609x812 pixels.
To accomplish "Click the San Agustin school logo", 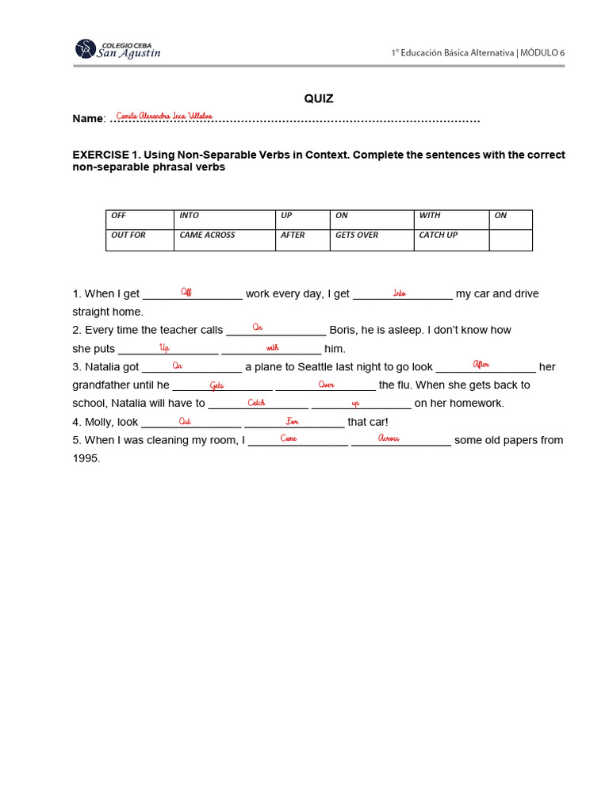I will [x=118, y=48].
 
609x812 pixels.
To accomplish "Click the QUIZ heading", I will [x=319, y=98].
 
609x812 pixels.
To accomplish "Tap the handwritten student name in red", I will [x=164, y=116].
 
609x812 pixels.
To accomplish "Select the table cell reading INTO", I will [x=224, y=220].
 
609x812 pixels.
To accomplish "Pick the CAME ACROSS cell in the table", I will [x=224, y=239].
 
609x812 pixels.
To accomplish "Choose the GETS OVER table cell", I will [x=371, y=239].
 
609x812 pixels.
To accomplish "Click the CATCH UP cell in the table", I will [x=451, y=239].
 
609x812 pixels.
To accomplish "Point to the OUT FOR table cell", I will [x=140, y=239].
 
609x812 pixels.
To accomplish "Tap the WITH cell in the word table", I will [x=451, y=220].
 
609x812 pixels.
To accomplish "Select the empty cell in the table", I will [x=511, y=239].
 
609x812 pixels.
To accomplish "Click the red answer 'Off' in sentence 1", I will [x=186, y=292].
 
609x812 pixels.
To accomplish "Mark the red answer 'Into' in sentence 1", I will [x=400, y=293].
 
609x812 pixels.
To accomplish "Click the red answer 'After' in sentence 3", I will [x=481, y=365].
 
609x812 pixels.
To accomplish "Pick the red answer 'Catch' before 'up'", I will [x=256, y=403].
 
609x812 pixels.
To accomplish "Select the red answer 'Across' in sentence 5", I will [x=389, y=439].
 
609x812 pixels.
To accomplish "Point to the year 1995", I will [x=86, y=458].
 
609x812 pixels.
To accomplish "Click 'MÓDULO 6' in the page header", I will [x=543, y=52].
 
